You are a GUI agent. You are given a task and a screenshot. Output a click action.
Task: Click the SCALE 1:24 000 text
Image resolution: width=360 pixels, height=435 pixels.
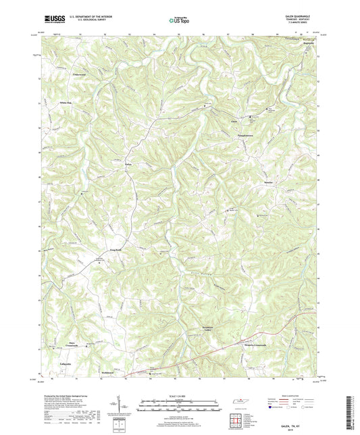179,395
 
